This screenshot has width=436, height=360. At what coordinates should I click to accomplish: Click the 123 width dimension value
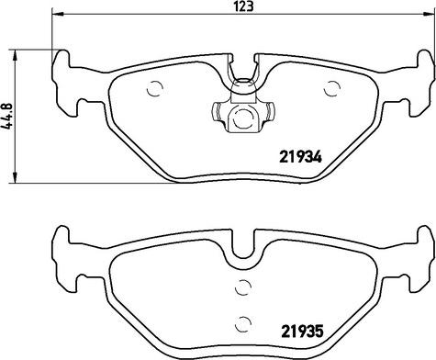pyautogui.click(x=245, y=6)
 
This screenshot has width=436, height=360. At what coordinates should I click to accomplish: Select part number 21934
pyautogui.click(x=300, y=158)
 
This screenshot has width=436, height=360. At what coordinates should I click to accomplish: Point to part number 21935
pyautogui.click(x=302, y=332)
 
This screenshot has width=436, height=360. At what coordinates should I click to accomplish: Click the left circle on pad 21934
pyautogui.click(x=154, y=89)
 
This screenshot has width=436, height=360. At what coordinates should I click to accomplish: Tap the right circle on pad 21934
pyautogui.click(x=331, y=88)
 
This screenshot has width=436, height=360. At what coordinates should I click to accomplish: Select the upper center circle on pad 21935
pyautogui.click(x=243, y=287)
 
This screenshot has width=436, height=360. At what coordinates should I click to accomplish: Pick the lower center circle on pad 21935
pyautogui.click(x=243, y=324)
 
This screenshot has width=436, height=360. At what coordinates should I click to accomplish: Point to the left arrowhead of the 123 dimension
pyautogui.click(x=57, y=14)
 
